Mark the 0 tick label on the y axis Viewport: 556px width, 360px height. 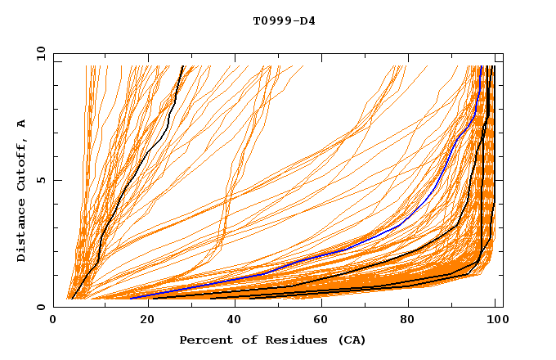point(41,307)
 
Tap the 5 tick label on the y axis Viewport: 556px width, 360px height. point(41,180)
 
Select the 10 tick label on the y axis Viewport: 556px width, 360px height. point(38,53)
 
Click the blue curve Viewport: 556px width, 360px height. point(401,223)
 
